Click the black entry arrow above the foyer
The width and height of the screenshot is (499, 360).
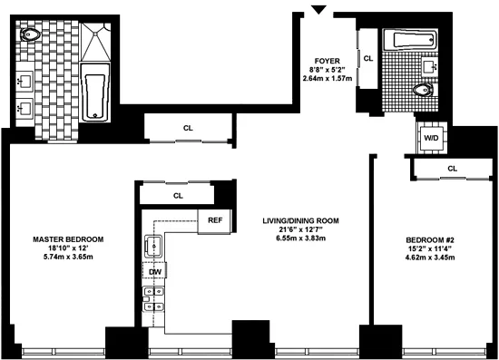tap(318, 9)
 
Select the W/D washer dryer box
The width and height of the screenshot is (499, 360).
tap(430, 138)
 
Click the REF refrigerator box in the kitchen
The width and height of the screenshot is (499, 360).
tap(215, 220)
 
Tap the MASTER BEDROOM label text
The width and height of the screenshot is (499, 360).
tap(68, 239)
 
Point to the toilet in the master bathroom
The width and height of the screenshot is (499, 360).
tap(32, 37)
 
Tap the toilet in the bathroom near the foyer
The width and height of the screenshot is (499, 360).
tap(421, 91)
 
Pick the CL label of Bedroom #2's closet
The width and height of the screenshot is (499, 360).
tap(451, 169)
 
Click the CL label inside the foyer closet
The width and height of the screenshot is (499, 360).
tap(367, 58)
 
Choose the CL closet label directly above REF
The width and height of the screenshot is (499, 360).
tap(178, 195)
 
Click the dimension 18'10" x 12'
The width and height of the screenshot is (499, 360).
tap(68, 249)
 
